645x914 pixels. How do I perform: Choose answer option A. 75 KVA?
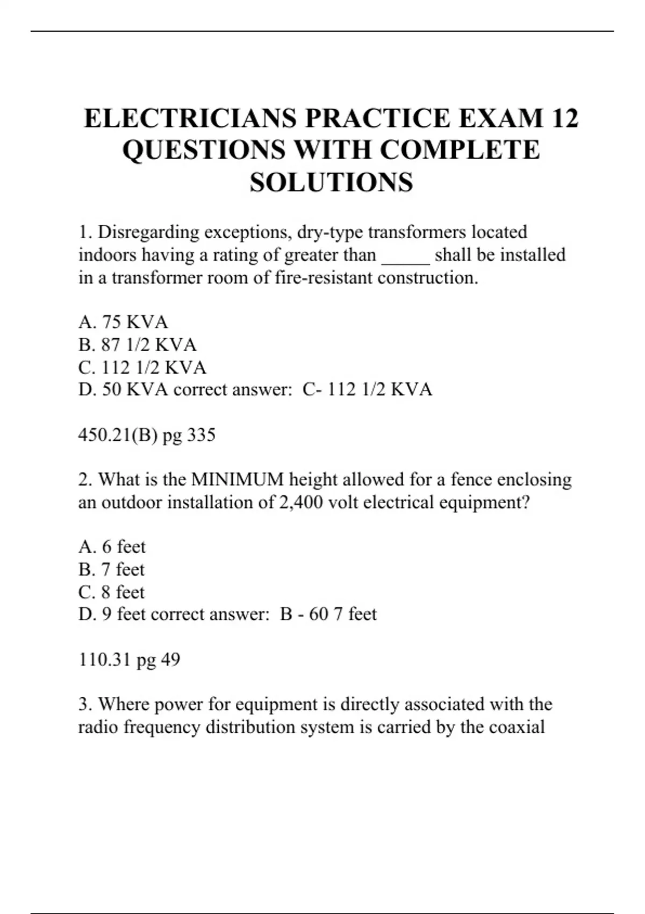pyautogui.click(x=123, y=322)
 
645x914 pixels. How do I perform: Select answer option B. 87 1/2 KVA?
pyautogui.click(x=138, y=345)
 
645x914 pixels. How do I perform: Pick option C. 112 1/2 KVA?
pyautogui.click(x=142, y=367)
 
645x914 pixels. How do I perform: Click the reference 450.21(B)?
pyautogui.click(x=118, y=434)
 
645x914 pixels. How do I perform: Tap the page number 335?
pyautogui.click(x=201, y=434)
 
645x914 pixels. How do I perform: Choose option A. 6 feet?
pyautogui.click(x=112, y=547)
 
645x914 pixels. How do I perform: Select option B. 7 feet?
pyautogui.click(x=112, y=569)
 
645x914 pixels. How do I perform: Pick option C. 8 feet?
pyautogui.click(x=112, y=592)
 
